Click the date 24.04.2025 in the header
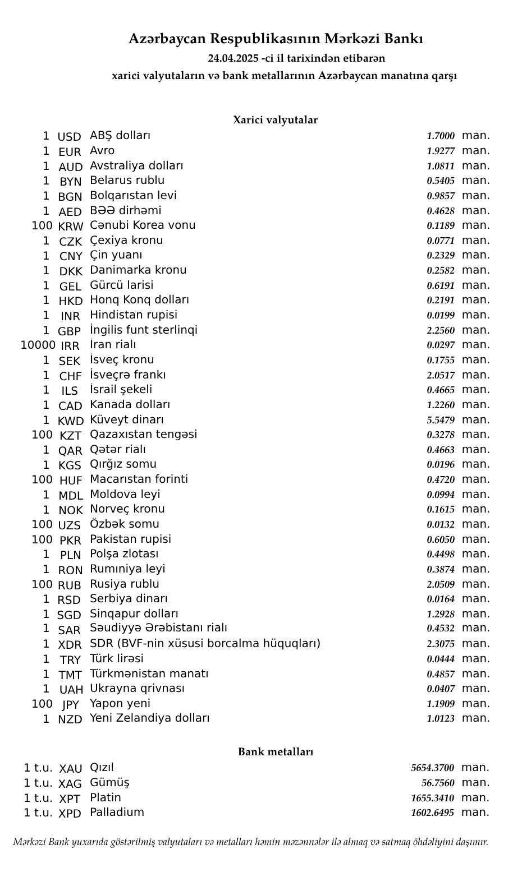tap(233, 58)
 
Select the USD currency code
tap(70, 137)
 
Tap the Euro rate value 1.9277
tap(441, 151)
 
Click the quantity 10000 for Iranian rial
tap(38, 345)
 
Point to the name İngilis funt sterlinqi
tap(144, 330)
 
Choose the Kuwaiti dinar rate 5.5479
tap(441, 420)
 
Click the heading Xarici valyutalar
tap(275, 120)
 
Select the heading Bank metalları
tap(275, 752)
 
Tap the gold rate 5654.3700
tap(432, 768)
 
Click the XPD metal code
tap(70, 814)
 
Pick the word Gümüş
tap(109, 783)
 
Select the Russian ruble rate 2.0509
tap(441, 584)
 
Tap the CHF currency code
tap(70, 376)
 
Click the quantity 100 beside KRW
tap(42, 225)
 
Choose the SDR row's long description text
tap(205, 643)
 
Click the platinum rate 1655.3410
tap(432, 798)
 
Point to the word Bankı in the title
tap(405, 39)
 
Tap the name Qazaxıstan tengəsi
tap(143, 434)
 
